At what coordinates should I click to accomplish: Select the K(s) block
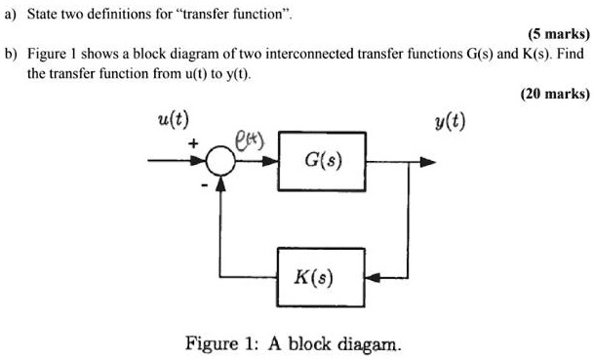[323, 278]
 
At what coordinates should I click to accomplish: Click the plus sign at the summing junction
[194, 143]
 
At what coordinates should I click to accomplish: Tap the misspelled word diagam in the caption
[371, 343]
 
